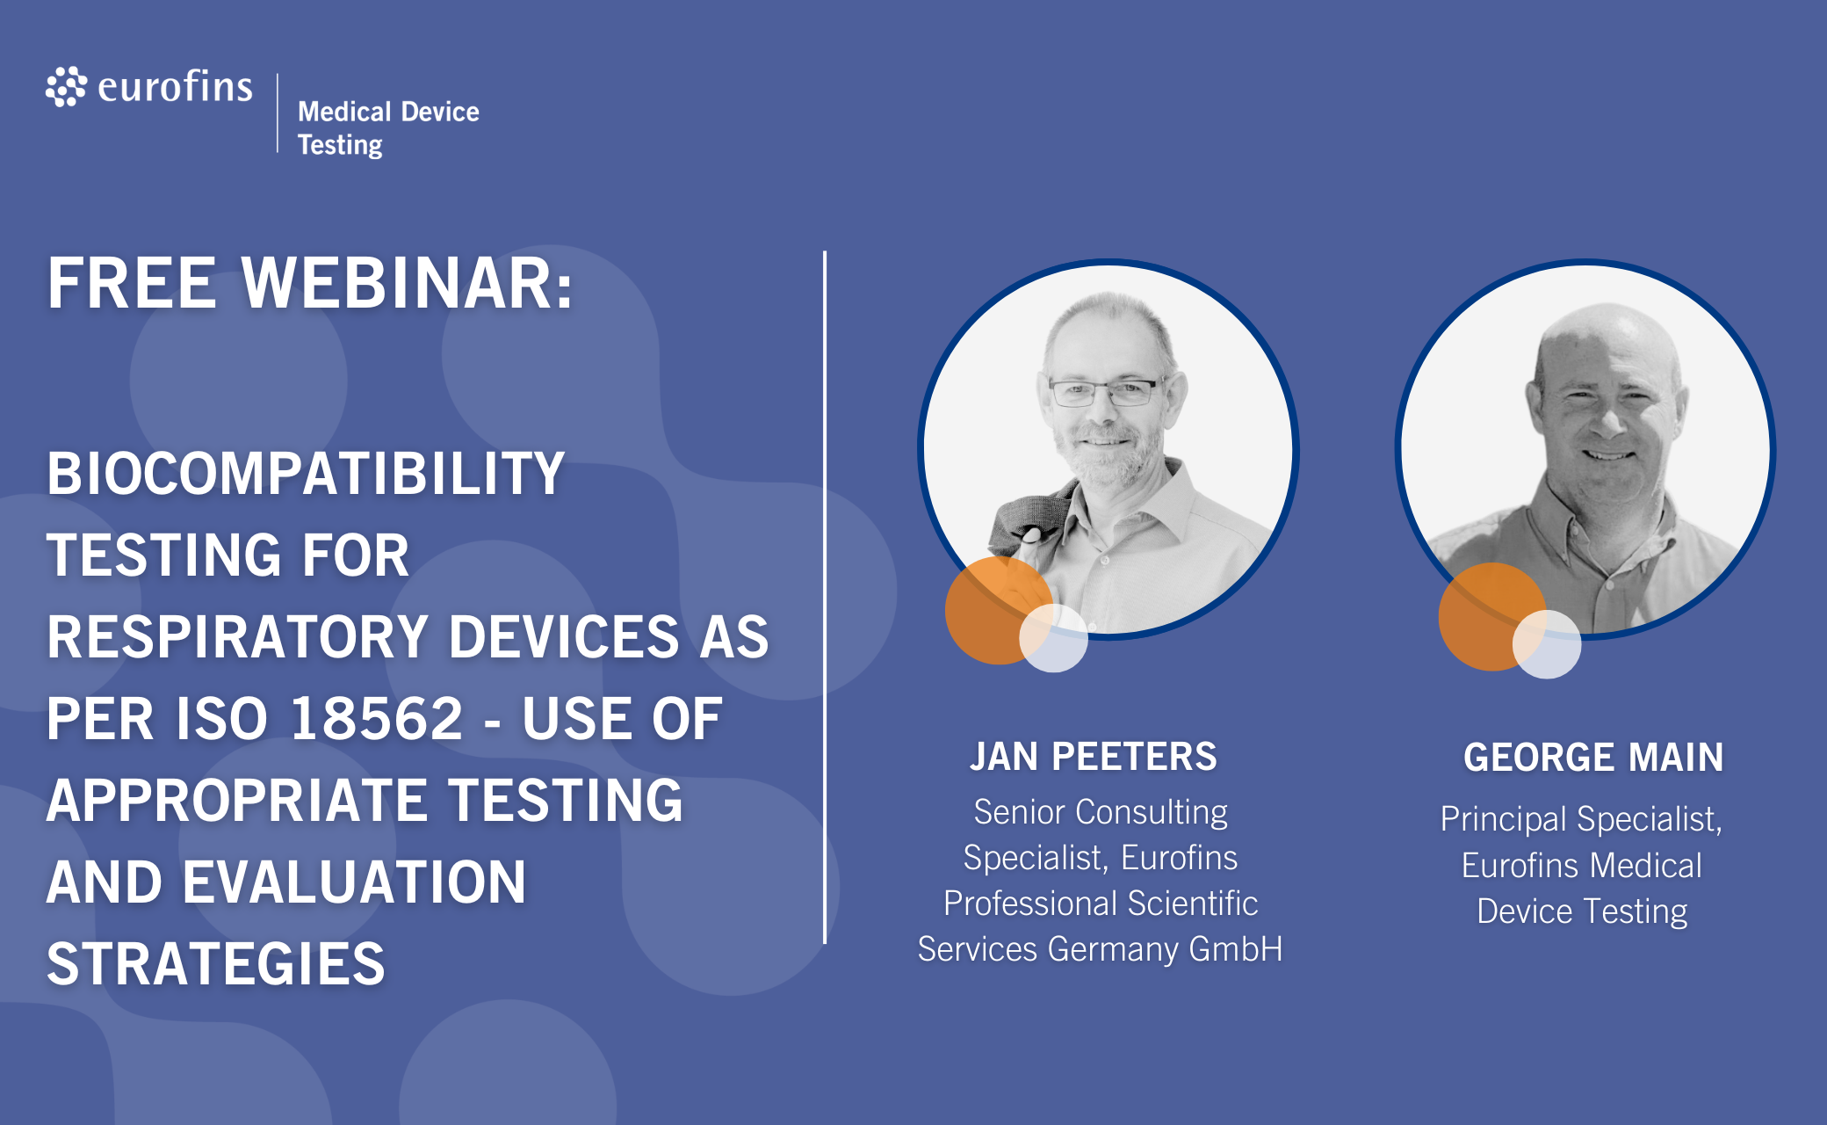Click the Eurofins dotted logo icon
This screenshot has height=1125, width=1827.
(x=67, y=86)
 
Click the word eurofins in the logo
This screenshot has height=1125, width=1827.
(x=176, y=86)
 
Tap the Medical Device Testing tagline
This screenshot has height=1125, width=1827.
(x=388, y=128)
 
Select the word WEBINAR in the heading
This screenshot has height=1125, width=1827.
(x=408, y=283)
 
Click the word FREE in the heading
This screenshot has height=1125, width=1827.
(x=132, y=283)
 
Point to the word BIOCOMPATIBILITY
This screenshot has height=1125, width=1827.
(x=306, y=474)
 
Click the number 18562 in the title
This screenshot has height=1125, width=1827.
(x=377, y=719)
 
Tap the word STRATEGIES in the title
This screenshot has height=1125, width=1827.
(x=216, y=964)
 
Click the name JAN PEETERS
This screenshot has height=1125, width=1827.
(x=1094, y=757)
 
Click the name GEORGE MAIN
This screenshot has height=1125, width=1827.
(x=1593, y=758)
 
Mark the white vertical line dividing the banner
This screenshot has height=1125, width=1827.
(x=825, y=598)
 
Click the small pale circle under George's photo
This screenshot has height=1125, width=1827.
(x=1547, y=644)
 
